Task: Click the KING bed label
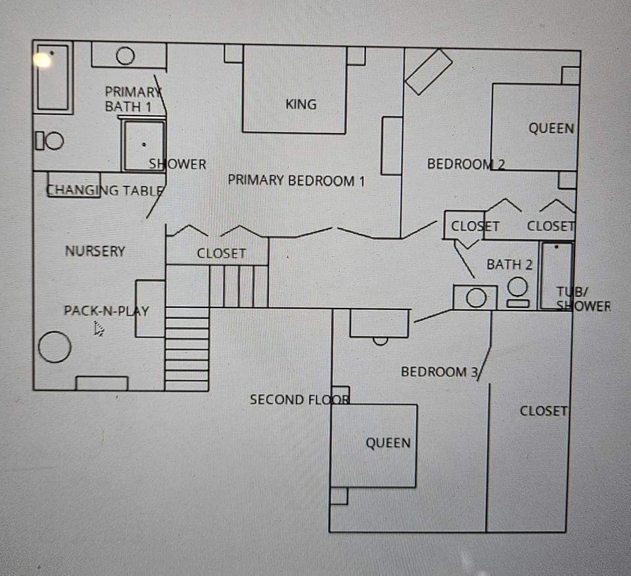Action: pyautogui.click(x=301, y=104)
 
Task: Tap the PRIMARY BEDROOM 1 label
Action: pyautogui.click(x=296, y=181)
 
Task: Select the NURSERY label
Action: pyautogui.click(x=95, y=251)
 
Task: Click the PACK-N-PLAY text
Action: pyautogui.click(x=106, y=311)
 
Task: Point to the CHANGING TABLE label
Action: pyautogui.click(x=105, y=191)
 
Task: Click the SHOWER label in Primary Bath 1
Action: pyautogui.click(x=177, y=164)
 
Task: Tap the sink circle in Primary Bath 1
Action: pyautogui.click(x=125, y=56)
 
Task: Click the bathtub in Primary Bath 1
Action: pyautogui.click(x=53, y=78)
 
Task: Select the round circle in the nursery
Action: pyautogui.click(x=55, y=347)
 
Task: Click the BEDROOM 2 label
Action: pyautogui.click(x=465, y=164)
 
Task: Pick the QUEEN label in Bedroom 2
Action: pyautogui.click(x=551, y=129)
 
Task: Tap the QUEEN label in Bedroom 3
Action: pyautogui.click(x=388, y=443)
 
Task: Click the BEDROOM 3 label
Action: pyautogui.click(x=439, y=372)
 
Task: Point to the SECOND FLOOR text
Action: pyautogui.click(x=299, y=399)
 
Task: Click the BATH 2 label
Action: pyautogui.click(x=509, y=265)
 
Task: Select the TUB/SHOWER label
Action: pyautogui.click(x=582, y=299)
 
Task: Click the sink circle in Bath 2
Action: pyautogui.click(x=476, y=298)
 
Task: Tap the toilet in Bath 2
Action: pyautogui.click(x=518, y=292)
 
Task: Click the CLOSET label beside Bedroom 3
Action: pyautogui.click(x=543, y=411)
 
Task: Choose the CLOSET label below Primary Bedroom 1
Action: pyautogui.click(x=222, y=254)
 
